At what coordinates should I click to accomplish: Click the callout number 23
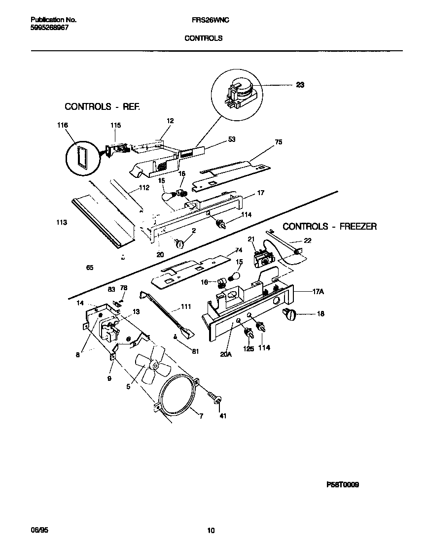pos(300,85)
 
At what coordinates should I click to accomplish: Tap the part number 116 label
pos(63,126)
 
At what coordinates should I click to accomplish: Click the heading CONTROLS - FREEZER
pos(329,227)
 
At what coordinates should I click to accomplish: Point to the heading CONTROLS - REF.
pos(102,106)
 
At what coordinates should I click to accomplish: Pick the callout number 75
pos(279,142)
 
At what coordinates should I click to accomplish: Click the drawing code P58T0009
pos(342,485)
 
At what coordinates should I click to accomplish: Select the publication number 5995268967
pos(49,28)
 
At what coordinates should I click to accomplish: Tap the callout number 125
pos(249,349)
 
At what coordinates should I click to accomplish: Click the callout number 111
pos(186,306)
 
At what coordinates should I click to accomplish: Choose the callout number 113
pos(62,223)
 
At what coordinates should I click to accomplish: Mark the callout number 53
pos(232,139)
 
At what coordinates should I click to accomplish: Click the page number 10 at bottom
pos(211,531)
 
